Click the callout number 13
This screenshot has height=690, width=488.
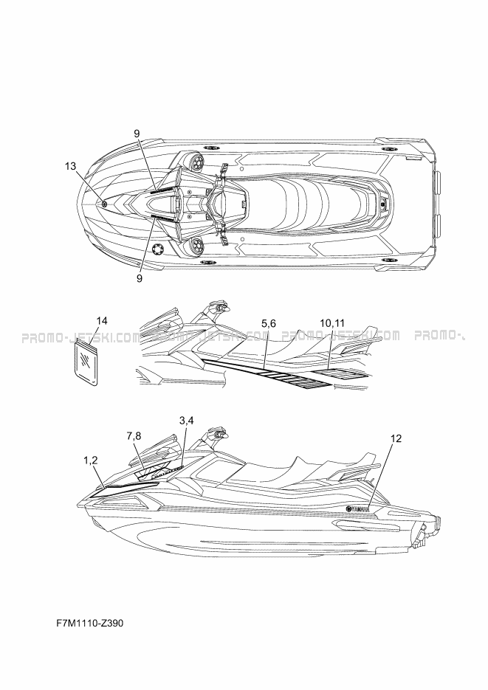click(70, 167)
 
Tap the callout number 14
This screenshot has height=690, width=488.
click(103, 320)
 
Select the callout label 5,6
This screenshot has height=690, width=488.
click(268, 323)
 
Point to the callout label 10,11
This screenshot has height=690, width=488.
click(331, 323)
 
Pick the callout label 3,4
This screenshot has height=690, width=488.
click(187, 420)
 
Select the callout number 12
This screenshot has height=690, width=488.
click(396, 438)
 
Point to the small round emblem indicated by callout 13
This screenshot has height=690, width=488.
click(105, 203)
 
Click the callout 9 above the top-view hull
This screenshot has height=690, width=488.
click(137, 133)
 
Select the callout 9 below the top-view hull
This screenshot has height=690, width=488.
click(139, 278)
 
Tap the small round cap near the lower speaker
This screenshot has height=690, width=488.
click(156, 249)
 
